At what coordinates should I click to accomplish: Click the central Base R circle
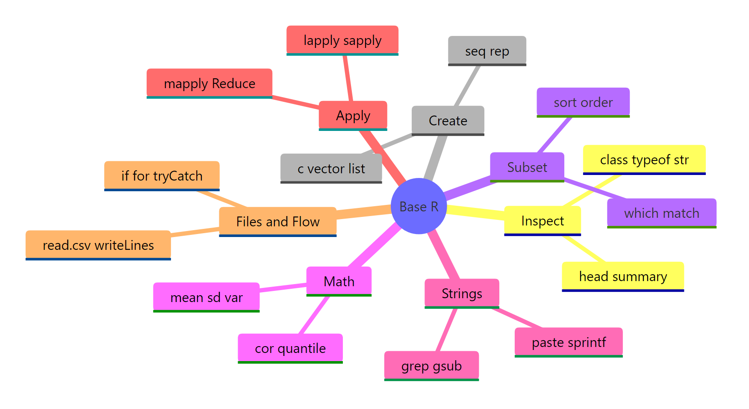[x=419, y=206]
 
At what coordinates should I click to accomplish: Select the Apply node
[x=353, y=116]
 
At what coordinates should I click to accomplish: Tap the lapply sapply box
[x=342, y=40]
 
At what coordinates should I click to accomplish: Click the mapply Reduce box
[x=209, y=83]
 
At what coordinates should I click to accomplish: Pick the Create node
[x=448, y=120]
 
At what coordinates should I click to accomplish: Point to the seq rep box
[x=487, y=51]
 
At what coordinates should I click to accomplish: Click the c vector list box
[x=331, y=168]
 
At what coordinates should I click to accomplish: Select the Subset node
[x=527, y=167]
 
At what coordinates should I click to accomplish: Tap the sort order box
[x=583, y=102]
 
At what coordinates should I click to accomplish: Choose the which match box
[x=661, y=213]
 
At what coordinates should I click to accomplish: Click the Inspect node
[x=542, y=220]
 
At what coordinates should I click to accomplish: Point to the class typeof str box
[x=644, y=160]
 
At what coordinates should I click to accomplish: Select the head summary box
[x=622, y=276]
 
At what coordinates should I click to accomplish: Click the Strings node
[x=461, y=293]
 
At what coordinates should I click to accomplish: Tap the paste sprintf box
[x=568, y=342]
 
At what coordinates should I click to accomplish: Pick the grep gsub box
[x=431, y=366]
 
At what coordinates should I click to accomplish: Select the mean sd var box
[x=206, y=297]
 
